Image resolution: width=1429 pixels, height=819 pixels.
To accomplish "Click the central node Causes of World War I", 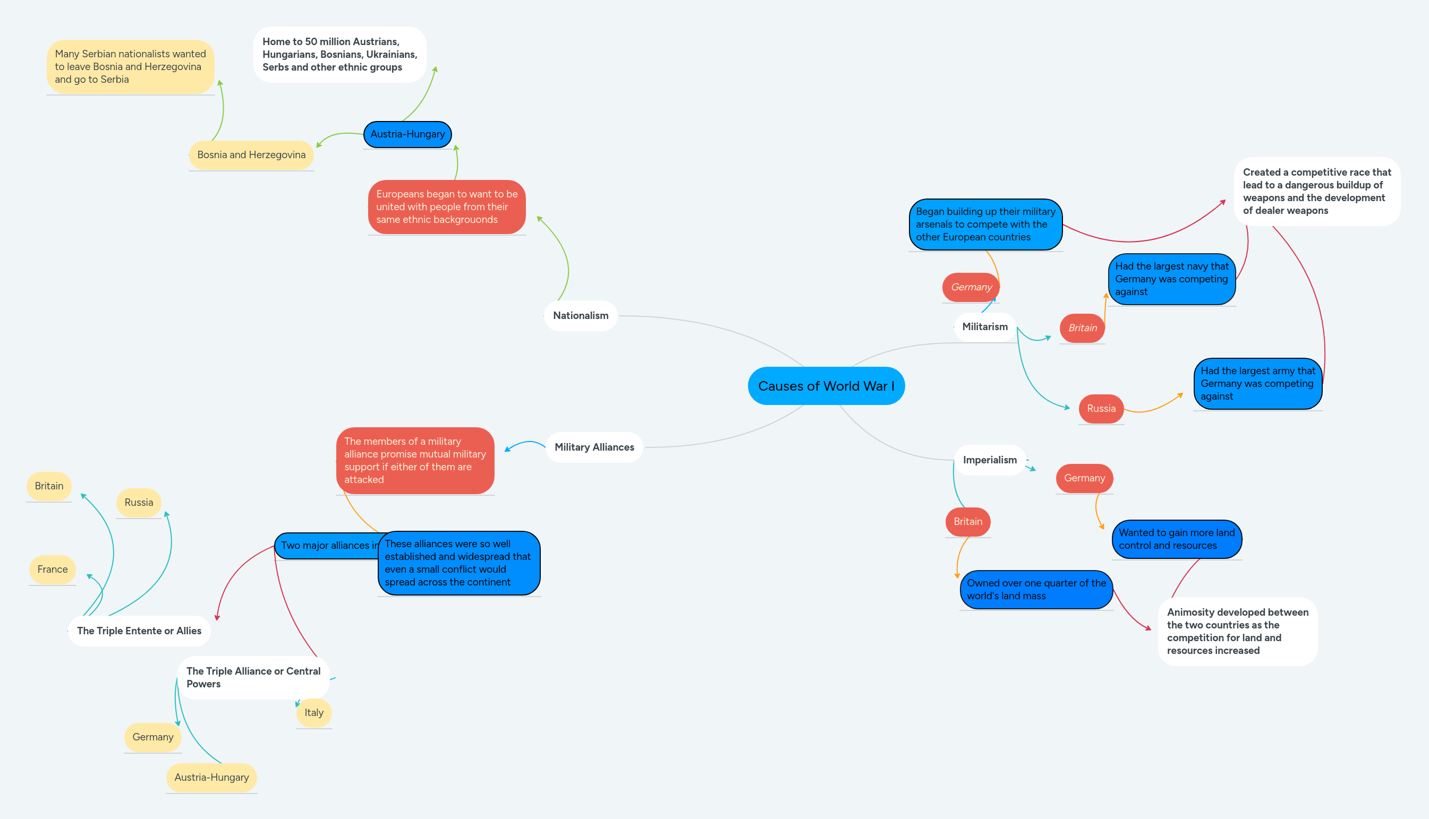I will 826,386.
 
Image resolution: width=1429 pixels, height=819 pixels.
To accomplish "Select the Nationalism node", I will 580,316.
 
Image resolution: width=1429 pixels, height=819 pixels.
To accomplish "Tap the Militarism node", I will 984,327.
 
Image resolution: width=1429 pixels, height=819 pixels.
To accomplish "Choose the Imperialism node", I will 990,460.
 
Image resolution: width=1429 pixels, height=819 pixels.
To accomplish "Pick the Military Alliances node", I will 594,447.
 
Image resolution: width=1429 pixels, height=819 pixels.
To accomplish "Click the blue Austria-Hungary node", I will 407,134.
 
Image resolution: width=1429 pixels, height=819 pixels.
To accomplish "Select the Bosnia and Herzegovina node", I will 251,154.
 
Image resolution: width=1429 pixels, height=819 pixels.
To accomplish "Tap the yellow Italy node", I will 313,713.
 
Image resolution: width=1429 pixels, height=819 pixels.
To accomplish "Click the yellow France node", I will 53,569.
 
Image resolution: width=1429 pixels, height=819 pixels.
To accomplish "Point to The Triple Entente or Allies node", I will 139,631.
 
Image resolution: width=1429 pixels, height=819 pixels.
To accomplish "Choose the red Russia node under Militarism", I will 1100,408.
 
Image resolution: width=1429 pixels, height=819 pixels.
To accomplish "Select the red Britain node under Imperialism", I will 967,521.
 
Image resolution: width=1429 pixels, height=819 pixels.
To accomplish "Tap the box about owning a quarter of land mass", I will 1035,590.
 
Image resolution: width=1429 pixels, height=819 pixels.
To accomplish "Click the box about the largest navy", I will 1171,279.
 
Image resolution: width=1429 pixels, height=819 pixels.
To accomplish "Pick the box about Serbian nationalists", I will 130,67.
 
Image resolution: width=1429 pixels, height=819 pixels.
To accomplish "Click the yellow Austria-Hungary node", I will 211,778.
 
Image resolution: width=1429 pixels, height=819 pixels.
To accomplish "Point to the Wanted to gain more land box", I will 1176,539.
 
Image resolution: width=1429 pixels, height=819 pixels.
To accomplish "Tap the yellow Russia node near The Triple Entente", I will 139,502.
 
